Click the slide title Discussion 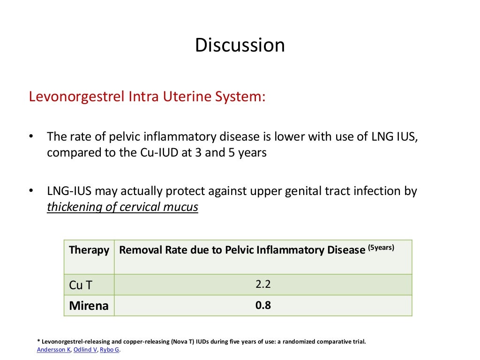(240, 45)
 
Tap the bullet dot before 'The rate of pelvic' (31, 136)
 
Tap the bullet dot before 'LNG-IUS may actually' (31, 191)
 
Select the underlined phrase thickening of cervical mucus (122, 207)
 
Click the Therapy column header (89, 250)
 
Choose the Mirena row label (89, 306)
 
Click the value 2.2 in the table (263, 284)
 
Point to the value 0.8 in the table (263, 306)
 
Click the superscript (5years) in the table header (381, 247)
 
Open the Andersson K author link (53, 349)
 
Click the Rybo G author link (110, 349)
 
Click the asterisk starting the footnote (38, 342)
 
